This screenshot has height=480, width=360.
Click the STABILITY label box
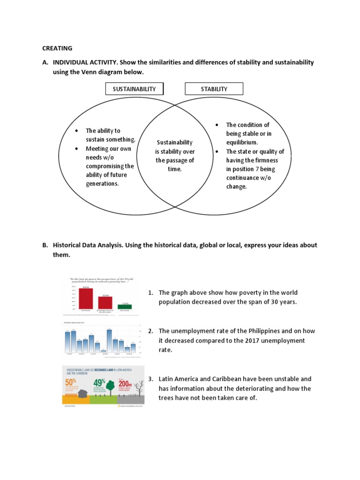tap(214, 89)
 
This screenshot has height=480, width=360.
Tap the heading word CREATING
tap(57, 48)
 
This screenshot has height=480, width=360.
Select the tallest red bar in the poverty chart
tap(86, 298)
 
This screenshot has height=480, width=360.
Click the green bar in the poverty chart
tap(125, 307)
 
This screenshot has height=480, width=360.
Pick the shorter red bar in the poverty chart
tap(105, 303)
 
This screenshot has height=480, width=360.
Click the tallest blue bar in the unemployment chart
tap(109, 340)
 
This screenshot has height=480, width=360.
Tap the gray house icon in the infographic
tap(84, 393)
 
